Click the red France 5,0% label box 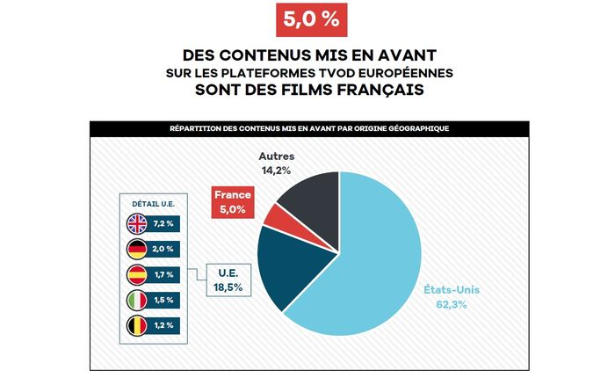click(235, 201)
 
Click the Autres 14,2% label click(275, 163)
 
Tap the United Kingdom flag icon click(136, 223)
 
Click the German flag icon click(136, 249)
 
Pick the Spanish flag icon click(136, 274)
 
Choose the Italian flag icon click(136, 301)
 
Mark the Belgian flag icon click(136, 326)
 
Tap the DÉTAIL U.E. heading click(150, 203)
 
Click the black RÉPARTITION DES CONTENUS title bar click(309, 128)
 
